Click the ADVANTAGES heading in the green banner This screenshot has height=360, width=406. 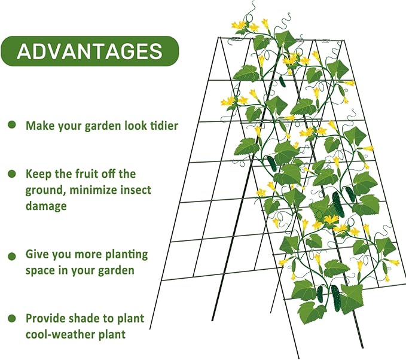[90, 51]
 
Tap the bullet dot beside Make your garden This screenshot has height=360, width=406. [12, 125]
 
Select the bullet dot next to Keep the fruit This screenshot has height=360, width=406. [12, 174]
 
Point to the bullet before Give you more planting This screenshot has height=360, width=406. [12, 256]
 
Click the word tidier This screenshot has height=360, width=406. [160, 126]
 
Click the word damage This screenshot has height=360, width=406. [45, 206]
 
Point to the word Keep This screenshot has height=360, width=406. [37, 174]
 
